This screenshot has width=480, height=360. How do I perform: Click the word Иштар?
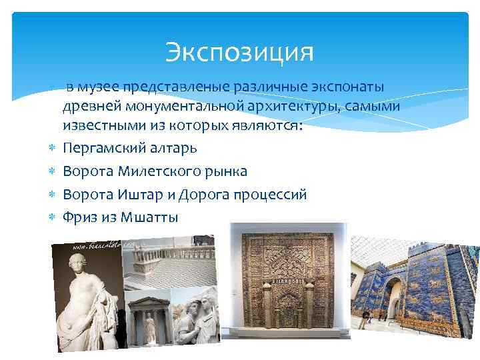pyautogui.click(x=136, y=195)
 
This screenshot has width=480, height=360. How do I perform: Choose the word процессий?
pyautogui.click(x=269, y=195)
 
